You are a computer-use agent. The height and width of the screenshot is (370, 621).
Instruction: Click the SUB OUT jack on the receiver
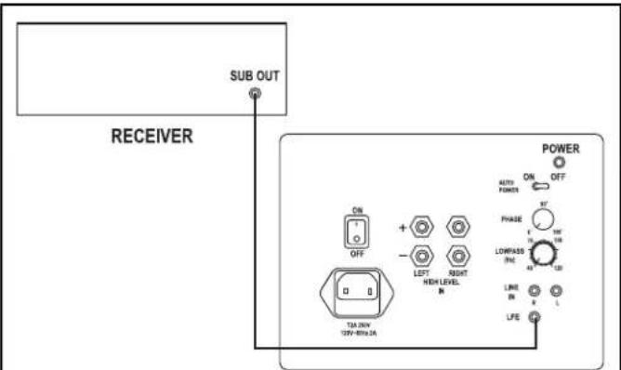[x=255, y=95]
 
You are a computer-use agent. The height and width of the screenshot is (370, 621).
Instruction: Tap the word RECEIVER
[x=152, y=137]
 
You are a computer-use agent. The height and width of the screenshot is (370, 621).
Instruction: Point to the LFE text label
[x=510, y=318]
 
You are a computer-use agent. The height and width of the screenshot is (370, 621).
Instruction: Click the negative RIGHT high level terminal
[x=457, y=254]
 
